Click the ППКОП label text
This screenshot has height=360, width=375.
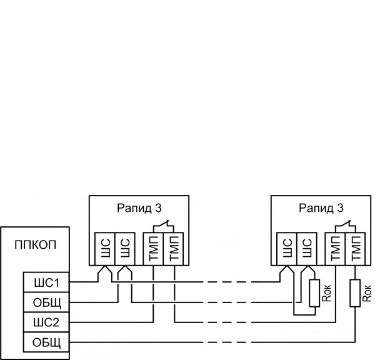click(35, 244)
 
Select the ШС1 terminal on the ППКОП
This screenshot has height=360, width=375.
click(47, 282)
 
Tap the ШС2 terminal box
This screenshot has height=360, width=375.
click(47, 322)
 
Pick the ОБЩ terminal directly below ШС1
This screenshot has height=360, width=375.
click(47, 302)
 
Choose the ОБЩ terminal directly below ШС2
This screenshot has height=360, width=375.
click(47, 342)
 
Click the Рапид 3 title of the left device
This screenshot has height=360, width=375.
click(139, 208)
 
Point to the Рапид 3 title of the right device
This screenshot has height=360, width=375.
click(321, 208)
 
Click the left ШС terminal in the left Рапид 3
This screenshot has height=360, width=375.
click(104, 249)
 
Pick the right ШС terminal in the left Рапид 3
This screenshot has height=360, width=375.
click(124, 249)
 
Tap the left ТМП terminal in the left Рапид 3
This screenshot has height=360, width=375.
click(152, 249)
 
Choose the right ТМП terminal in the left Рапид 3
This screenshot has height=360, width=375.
click(173, 249)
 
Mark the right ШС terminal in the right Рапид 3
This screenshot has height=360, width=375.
click(306, 249)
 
